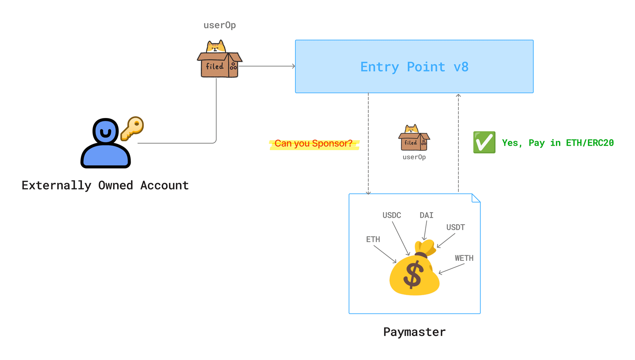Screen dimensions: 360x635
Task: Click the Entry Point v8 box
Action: (x=414, y=67)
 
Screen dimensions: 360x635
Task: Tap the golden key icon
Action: (x=132, y=128)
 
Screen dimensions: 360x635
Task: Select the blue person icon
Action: (x=106, y=144)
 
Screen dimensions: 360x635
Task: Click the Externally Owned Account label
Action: (x=105, y=185)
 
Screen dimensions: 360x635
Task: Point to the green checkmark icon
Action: (x=484, y=142)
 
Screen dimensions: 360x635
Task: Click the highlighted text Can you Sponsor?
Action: (x=314, y=143)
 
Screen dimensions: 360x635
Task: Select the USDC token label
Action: (x=392, y=216)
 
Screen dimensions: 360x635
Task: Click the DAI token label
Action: (x=426, y=216)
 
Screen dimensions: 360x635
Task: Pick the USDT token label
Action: (x=455, y=227)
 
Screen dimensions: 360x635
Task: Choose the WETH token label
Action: (x=464, y=258)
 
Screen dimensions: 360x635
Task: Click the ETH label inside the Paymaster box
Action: (x=373, y=239)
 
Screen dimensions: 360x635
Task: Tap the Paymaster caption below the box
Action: (x=414, y=332)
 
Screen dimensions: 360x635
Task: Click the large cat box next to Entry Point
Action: (x=219, y=60)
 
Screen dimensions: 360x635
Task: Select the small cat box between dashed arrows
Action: (x=414, y=138)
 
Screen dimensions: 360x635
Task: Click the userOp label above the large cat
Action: (x=220, y=25)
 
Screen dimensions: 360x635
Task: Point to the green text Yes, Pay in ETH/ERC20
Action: (x=558, y=143)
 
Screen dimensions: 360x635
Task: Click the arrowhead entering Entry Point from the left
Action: (x=293, y=66)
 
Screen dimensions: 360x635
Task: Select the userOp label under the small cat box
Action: (x=414, y=157)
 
